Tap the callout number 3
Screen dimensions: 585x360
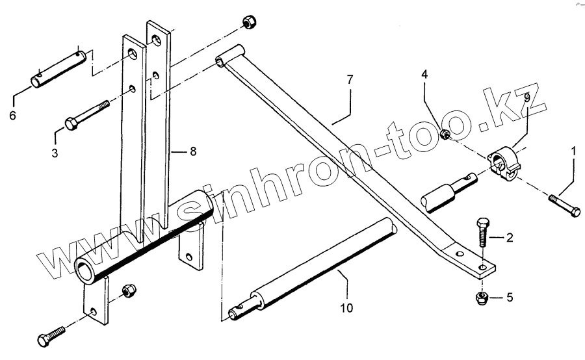pyautogui.click(x=55, y=153)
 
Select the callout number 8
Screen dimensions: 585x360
pyautogui.click(x=193, y=151)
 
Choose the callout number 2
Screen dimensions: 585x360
pyautogui.click(x=510, y=238)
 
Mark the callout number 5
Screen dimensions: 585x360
pyautogui.click(x=510, y=298)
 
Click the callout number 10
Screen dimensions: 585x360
pyautogui.click(x=347, y=307)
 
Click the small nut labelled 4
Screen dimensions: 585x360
pyautogui.click(x=446, y=135)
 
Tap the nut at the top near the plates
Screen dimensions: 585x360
pyautogui.click(x=248, y=22)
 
